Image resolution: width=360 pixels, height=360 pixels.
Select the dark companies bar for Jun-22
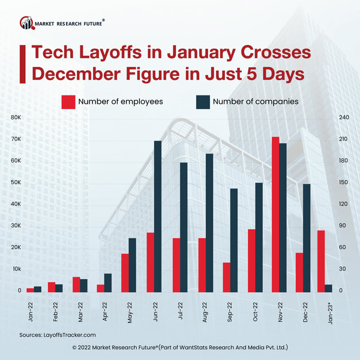[158, 217]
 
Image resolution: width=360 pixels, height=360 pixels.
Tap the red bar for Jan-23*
[321, 262]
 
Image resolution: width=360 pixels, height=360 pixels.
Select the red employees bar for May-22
[125, 273]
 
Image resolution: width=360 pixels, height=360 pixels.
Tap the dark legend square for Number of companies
[202, 101]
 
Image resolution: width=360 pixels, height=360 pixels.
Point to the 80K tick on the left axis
[16, 118]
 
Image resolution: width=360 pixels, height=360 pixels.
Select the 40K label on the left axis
[16, 204]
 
